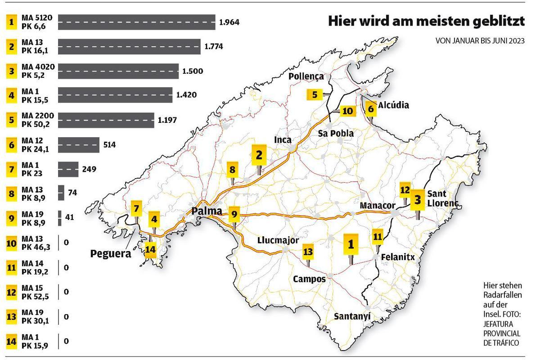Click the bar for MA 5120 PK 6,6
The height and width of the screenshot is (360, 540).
coord(136,22)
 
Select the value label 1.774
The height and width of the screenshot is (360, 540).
coord(214,46)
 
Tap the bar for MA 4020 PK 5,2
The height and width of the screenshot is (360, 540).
coord(118,71)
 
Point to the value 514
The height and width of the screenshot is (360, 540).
coord(109,145)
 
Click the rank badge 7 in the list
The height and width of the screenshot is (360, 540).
coord(11,169)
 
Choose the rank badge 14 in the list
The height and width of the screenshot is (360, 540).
coord(11,341)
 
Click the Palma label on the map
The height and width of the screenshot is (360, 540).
coord(207,211)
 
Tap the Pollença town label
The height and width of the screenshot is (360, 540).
coord(306,76)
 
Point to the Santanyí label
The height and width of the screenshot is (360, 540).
coord(352,316)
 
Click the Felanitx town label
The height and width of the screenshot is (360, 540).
coord(397,257)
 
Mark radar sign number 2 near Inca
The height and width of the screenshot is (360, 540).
coord(259,155)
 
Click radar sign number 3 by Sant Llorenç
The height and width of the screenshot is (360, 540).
coord(418,199)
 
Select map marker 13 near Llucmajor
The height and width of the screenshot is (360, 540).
coord(308,251)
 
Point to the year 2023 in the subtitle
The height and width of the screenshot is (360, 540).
coord(517,40)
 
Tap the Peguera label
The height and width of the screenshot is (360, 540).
coord(111,253)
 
